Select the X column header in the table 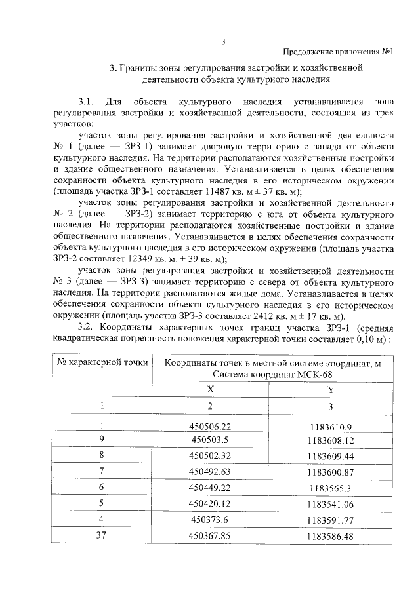210,389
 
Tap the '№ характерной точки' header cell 102,361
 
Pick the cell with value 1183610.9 331,427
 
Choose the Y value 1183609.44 330,455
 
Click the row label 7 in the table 102,472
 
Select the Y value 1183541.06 330,504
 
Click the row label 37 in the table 102,535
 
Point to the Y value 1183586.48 330,536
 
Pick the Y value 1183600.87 330,472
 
